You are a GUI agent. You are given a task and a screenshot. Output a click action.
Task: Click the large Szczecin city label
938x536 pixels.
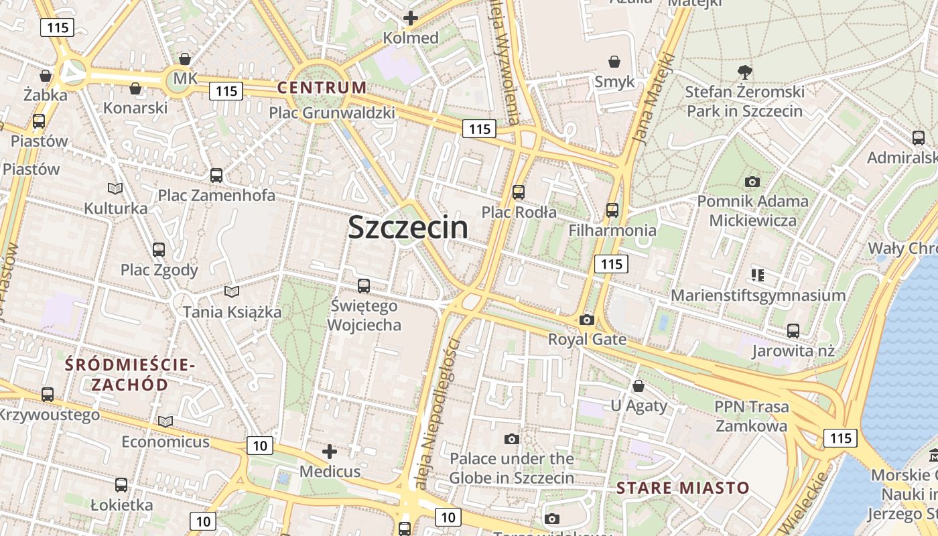click(408, 227)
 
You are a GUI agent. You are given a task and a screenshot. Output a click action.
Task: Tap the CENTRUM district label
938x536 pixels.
click(322, 87)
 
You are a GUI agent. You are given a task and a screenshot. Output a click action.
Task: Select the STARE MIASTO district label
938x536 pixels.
click(683, 487)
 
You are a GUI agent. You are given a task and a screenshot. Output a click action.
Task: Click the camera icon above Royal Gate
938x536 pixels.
click(587, 320)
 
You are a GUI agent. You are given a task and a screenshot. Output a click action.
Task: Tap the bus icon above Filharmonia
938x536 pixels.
click(612, 210)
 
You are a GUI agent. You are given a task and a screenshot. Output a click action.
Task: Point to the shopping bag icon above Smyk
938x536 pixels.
click(614, 62)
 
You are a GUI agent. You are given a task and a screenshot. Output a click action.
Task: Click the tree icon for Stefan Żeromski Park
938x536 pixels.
click(744, 72)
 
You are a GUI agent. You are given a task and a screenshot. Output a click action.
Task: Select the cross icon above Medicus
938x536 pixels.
click(330, 452)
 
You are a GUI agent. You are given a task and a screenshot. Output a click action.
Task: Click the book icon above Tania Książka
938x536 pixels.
click(232, 291)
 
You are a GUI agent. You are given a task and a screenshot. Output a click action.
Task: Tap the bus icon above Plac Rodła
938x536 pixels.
click(519, 192)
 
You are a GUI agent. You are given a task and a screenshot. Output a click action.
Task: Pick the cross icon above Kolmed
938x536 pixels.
click(411, 18)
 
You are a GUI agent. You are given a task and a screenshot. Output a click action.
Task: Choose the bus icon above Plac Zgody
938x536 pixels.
click(159, 250)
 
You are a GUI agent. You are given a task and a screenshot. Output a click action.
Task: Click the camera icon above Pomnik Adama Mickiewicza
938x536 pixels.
click(752, 182)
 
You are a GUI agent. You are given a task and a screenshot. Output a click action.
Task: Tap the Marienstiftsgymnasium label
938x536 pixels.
click(758, 295)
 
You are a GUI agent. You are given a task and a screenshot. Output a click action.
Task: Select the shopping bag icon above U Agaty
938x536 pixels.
click(639, 386)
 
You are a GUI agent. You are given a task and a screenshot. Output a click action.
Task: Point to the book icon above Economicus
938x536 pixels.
click(165, 421)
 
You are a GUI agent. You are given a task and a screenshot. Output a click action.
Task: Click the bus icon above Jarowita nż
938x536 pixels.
click(793, 330)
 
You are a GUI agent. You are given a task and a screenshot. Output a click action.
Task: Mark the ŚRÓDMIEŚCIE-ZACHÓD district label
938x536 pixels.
click(129, 375)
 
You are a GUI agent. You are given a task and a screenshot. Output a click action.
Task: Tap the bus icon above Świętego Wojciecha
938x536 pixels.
click(364, 286)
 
